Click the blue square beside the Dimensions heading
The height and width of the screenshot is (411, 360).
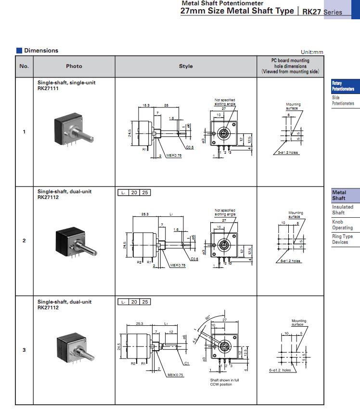click(19, 51)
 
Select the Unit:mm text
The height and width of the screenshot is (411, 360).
click(312, 52)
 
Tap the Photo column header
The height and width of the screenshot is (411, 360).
click(74, 66)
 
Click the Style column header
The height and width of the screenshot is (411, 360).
click(186, 66)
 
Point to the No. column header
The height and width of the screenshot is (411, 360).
click(24, 66)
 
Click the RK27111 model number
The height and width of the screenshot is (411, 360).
click(48, 88)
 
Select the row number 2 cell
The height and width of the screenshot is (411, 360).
click(24, 240)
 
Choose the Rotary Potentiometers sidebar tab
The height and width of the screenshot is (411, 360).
click(343, 86)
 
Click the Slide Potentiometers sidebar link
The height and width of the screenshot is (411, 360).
click(343, 100)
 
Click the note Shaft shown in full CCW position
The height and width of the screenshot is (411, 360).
click(224, 383)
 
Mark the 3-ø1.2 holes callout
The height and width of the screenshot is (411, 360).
click(288, 153)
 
